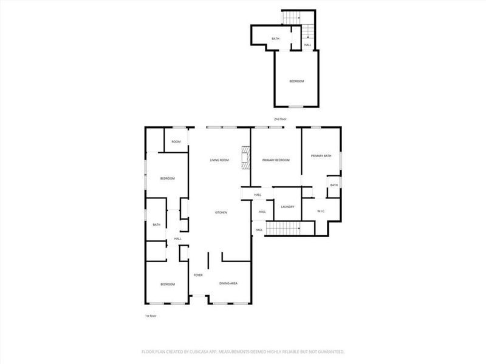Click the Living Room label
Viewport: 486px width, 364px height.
point(219,160)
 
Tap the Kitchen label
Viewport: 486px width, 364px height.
point(221,212)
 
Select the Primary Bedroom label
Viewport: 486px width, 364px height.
point(276,160)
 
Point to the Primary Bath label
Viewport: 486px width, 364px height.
point(321,156)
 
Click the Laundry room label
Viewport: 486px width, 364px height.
point(287,207)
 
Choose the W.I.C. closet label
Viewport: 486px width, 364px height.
point(321,211)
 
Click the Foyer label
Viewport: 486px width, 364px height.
point(198,275)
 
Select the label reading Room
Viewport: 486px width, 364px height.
point(176,142)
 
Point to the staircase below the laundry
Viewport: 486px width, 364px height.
point(284,228)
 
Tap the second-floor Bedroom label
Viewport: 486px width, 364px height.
point(296,81)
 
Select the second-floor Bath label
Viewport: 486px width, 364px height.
point(276,39)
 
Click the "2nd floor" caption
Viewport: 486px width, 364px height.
point(279,119)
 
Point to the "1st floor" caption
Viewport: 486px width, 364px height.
point(151,316)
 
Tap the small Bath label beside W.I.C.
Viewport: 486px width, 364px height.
point(334,185)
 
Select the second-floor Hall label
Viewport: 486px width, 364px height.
point(307,45)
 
